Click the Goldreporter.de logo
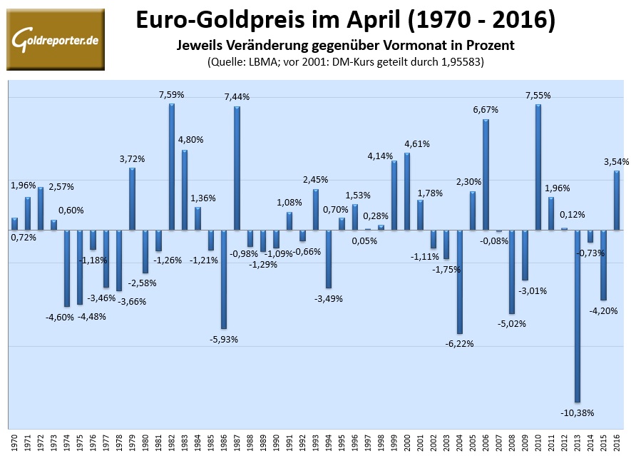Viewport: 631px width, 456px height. click(x=55, y=40)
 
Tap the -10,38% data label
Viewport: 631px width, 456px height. click(x=578, y=413)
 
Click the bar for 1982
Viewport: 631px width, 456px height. click(x=172, y=167)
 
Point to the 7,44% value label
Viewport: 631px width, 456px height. click(x=237, y=96)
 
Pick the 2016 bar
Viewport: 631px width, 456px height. click(x=616, y=201)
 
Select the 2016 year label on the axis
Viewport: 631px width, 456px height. click(x=616, y=438)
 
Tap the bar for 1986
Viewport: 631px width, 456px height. click(x=224, y=279)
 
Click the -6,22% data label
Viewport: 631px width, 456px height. click(x=460, y=343)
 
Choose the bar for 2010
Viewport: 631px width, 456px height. click(x=538, y=167)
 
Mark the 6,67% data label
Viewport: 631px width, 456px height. click(x=486, y=110)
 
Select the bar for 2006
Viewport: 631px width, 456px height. click(x=486, y=175)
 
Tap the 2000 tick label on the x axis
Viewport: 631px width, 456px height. click(x=407, y=438)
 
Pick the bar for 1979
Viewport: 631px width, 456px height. click(x=133, y=199)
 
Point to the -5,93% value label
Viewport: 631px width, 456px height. click(x=224, y=339)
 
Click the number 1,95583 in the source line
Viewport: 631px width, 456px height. click(x=456, y=61)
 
